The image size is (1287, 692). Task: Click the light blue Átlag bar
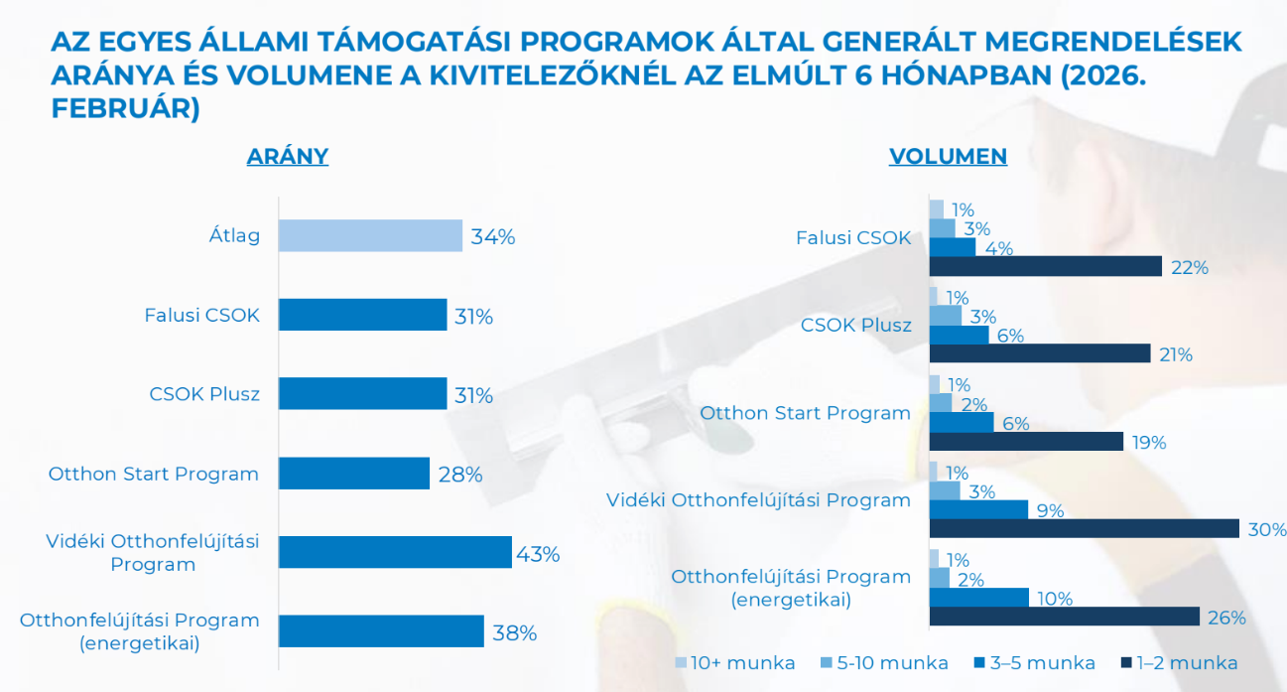tap(370, 236)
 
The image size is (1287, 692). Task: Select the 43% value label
tap(538, 554)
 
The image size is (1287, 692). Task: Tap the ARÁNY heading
tap(287, 156)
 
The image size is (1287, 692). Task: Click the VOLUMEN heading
tap(948, 156)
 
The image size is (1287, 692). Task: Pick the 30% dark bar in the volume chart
tap(1085, 528)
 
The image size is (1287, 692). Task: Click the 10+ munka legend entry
tap(735, 662)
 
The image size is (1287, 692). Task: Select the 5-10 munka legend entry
tap(885, 662)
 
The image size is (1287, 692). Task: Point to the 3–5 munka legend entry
tap(1034, 662)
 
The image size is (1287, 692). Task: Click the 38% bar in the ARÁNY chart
tap(381, 631)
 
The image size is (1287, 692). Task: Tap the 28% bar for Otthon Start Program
tap(354, 474)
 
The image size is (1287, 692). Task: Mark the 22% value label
tap(1189, 267)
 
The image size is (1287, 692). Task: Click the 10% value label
tap(1055, 599)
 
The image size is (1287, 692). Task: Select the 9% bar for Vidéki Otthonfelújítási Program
tap(978, 510)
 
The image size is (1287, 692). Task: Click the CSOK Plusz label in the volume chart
tap(855, 325)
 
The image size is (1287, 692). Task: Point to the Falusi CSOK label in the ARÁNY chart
tap(201, 316)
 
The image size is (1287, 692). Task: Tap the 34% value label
tap(493, 237)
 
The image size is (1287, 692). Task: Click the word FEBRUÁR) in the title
tap(125, 109)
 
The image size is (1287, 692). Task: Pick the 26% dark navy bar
tap(1065, 617)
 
